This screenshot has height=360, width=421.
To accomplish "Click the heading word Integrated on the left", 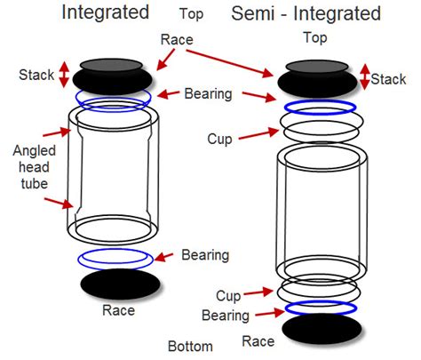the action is (105, 13).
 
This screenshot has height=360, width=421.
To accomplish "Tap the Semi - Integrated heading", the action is (306, 13).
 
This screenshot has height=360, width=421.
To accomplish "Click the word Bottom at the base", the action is (190, 346).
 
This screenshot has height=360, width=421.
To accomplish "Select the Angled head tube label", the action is (35, 167).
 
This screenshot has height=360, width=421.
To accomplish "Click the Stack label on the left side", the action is (36, 75).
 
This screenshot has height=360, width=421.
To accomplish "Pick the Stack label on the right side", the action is (388, 79).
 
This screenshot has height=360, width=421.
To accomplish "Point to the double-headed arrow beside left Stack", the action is (64, 75).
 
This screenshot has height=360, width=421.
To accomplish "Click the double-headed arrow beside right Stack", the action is (365, 77).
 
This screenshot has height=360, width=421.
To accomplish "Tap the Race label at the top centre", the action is (177, 39).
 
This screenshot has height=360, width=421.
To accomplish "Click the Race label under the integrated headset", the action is (118, 310).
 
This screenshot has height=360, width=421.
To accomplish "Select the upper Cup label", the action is (219, 139).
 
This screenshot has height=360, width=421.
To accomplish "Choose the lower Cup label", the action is (228, 296).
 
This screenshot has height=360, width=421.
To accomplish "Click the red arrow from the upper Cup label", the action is (258, 134).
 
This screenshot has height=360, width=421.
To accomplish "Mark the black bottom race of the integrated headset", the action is (121, 284).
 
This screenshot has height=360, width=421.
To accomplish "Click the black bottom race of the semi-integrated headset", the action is (322, 329).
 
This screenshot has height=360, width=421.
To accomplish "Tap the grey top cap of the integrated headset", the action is (111, 65).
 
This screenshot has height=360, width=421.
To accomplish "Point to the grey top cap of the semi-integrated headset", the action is (317, 67).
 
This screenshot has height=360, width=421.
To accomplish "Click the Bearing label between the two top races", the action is (208, 93).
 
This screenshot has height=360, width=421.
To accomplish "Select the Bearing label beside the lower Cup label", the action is (226, 316).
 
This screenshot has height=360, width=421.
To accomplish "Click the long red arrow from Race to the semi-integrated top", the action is (229, 63).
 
